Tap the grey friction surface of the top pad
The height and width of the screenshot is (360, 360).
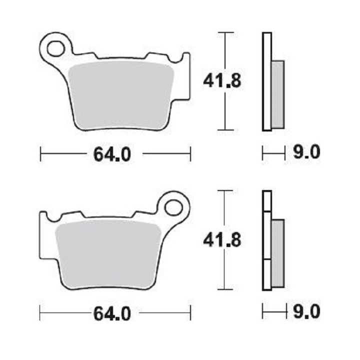click(121, 94)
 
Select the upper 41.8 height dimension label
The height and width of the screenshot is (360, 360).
click(222, 80)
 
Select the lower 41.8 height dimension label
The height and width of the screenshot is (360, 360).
click(222, 240)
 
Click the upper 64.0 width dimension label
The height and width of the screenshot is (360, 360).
click(112, 154)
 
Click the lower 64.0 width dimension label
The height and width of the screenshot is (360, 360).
click(112, 314)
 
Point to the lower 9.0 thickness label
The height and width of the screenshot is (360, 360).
click(306, 312)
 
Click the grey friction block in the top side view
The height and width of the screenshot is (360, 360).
click(277, 94)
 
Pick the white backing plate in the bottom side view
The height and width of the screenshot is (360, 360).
click(266, 240)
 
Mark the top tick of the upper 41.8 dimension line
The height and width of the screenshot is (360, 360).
click(226, 33)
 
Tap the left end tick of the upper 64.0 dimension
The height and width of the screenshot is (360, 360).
click(40, 154)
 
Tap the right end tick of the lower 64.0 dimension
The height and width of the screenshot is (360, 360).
click(190, 314)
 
